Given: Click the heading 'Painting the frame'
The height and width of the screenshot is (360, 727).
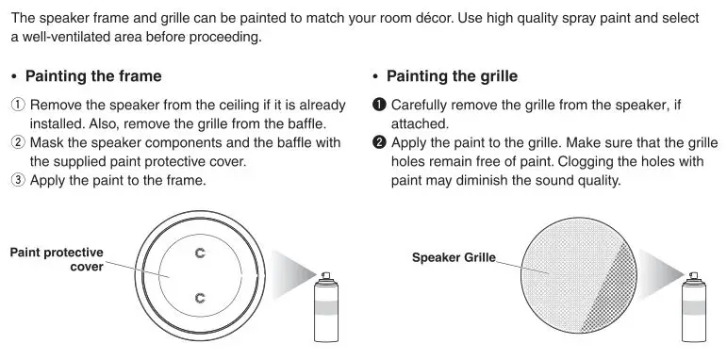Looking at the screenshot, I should [x=92, y=76].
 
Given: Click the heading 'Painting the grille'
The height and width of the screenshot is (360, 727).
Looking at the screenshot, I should [x=452, y=76].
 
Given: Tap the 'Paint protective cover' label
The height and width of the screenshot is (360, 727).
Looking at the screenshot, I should [x=57, y=259].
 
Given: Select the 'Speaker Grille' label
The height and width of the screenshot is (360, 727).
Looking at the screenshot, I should [x=454, y=256].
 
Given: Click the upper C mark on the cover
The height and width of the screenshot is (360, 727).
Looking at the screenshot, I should [x=199, y=253].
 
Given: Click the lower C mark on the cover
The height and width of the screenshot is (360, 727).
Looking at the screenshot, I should [x=199, y=298].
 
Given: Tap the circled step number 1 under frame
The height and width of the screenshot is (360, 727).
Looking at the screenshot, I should [x=17, y=106].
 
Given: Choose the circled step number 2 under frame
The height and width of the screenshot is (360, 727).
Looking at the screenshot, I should [x=17, y=142].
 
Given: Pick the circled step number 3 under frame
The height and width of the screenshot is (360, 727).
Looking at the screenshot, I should [x=17, y=179].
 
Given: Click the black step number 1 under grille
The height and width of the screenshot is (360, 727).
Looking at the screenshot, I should [x=379, y=106].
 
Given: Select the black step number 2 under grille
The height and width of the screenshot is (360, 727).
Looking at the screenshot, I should [x=379, y=142].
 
